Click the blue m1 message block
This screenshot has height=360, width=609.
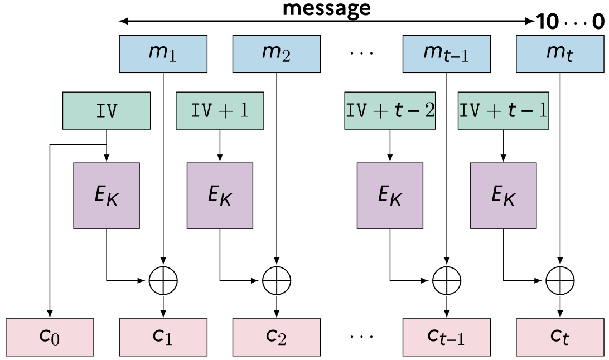click(163, 54)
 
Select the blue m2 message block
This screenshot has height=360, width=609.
click(277, 54)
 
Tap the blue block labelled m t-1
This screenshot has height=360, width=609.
click(447, 54)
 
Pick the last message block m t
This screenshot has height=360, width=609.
click(560, 54)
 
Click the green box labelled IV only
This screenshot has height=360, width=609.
click(107, 110)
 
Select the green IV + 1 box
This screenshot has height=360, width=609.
click(220, 110)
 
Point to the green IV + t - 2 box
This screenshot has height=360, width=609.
click(390, 110)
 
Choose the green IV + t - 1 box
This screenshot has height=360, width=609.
click(504, 110)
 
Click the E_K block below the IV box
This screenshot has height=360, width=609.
click(107, 196)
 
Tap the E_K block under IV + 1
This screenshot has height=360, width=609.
click(220, 196)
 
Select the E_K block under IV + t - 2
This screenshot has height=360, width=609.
click(390, 196)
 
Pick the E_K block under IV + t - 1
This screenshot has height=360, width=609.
click(504, 196)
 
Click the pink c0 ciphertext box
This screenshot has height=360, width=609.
click(50, 337)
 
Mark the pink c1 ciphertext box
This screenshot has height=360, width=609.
click(163, 337)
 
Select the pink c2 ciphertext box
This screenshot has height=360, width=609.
click(277, 337)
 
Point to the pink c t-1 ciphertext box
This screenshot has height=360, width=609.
click(447, 337)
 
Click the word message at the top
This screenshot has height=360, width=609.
click(327, 8)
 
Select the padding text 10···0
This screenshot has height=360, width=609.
click(570, 21)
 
